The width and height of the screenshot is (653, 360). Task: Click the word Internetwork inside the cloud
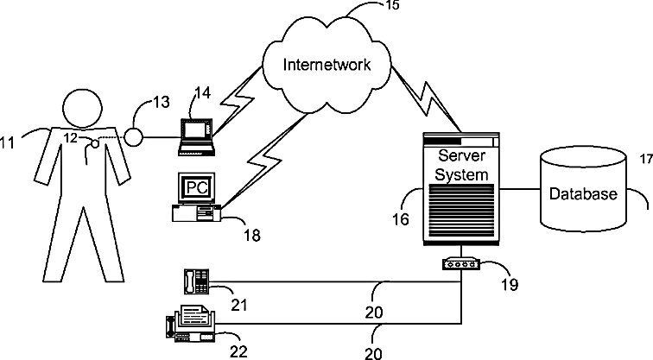326,65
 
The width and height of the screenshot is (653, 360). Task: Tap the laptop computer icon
197,137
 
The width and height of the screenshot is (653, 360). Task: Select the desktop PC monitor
197,187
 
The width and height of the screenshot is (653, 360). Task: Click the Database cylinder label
583,193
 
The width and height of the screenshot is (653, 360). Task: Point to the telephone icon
196,281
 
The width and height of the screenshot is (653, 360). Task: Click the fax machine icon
192,324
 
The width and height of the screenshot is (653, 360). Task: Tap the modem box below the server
461,264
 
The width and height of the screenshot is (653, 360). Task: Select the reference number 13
162,102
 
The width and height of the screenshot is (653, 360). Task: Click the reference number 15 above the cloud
392,5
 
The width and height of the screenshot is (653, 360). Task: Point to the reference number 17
646,159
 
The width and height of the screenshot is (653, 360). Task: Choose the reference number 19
510,285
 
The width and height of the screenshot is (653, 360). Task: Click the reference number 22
238,351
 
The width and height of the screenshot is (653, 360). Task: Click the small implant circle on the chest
95,144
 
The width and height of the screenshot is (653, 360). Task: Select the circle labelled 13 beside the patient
134,138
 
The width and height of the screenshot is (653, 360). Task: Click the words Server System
461,165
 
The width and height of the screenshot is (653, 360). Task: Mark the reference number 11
8,142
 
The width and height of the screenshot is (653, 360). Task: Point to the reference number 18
252,236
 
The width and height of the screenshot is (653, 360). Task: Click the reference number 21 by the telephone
239,305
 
